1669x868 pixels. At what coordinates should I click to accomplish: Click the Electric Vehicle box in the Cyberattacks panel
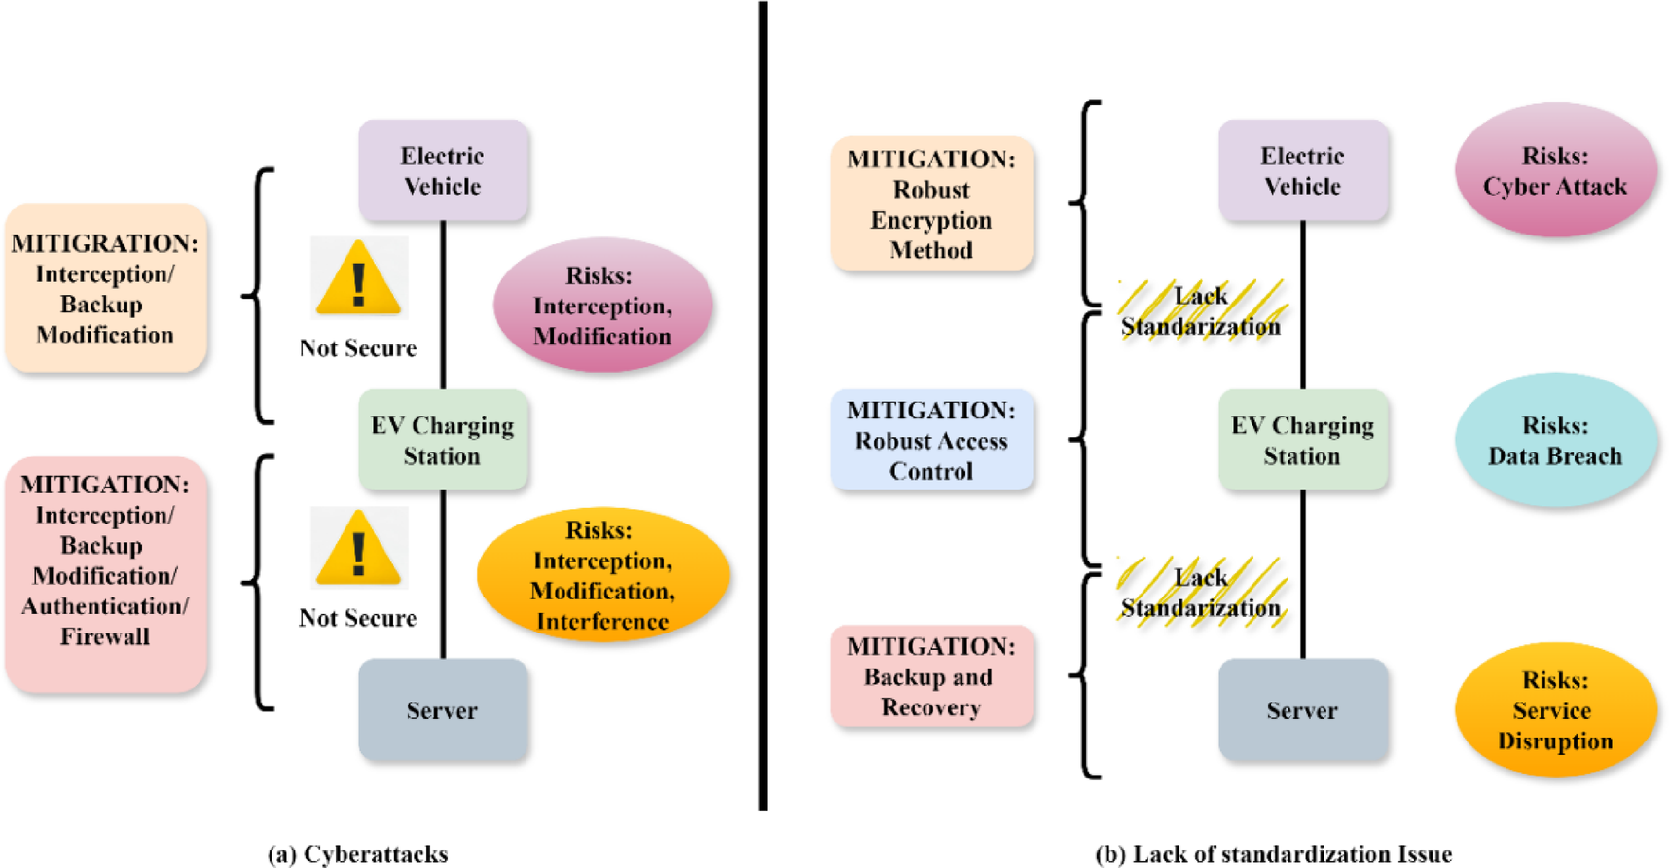pos(443,171)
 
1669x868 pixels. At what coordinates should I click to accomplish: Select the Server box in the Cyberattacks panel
pos(443,710)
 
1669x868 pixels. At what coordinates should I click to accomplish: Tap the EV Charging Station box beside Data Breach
pos(1302,441)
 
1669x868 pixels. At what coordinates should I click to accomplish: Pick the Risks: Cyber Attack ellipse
pos(1555,171)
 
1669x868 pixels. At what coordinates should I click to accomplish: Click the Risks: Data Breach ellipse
pos(1555,441)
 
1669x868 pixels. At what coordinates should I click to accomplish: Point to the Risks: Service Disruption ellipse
pos(1555,710)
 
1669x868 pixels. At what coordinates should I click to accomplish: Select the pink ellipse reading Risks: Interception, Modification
pos(602,306)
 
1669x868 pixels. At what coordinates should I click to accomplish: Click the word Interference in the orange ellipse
pos(602,622)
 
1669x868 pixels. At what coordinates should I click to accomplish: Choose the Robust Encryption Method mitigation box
pos(931,204)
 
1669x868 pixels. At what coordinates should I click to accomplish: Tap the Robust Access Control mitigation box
pos(931,441)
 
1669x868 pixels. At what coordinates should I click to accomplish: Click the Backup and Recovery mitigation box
pos(931,677)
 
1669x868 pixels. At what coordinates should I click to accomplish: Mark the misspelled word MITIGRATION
pos(104,243)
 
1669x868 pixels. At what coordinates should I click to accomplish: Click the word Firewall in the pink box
pos(105,637)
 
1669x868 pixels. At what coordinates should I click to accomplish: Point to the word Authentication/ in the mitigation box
pos(105,607)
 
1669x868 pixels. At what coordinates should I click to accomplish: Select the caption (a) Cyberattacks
pos(357,854)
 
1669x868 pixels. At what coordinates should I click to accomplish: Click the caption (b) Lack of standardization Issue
pos(1273,854)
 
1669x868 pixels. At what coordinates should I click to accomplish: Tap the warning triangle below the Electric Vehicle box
pos(359,278)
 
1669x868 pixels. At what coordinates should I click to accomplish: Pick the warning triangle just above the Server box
pos(359,548)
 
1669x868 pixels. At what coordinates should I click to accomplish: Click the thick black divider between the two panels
pos(763,405)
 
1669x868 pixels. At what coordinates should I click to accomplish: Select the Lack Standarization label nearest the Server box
pos(1201,593)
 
